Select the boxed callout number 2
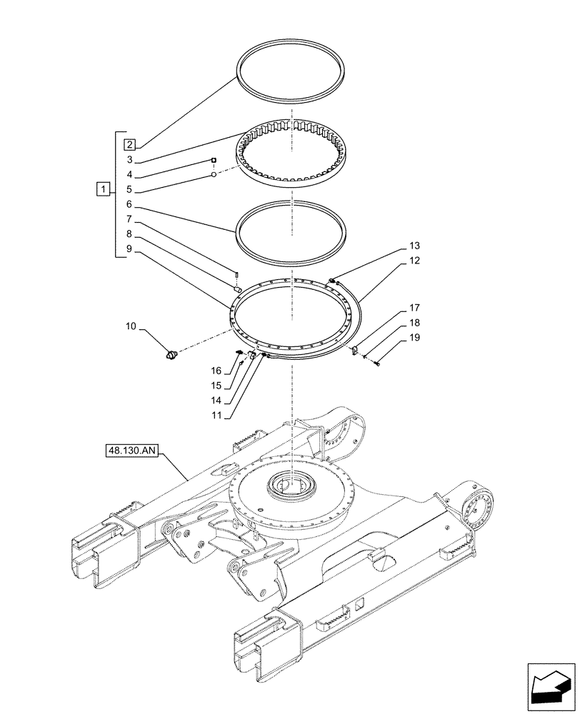tap(129, 144)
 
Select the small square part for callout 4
tap(213, 161)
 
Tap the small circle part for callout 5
tap(213, 174)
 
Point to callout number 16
tap(215, 370)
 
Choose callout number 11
tap(226, 415)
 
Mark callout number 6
tap(129, 203)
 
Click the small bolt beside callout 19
tap(376, 364)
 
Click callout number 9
tap(129, 248)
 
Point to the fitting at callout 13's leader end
tap(333, 281)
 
